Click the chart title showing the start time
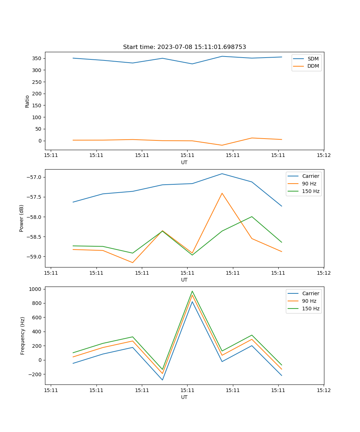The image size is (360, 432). (184, 47)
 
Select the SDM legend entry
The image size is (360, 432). (313, 59)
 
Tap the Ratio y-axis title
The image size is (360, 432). (27, 102)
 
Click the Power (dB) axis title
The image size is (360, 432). (22, 218)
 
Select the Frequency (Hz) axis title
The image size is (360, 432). (23, 336)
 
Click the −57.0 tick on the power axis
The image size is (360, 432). (34, 177)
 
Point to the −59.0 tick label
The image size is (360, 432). (34, 257)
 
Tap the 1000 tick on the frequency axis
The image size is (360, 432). (36, 289)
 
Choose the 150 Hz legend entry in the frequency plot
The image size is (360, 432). (311, 309)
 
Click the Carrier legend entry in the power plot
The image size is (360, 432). (310, 176)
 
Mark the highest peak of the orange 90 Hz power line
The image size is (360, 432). (222, 193)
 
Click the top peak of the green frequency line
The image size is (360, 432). (192, 291)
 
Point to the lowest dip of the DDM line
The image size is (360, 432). (222, 145)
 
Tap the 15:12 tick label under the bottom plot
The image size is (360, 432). (323, 390)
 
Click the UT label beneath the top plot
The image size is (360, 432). (184, 162)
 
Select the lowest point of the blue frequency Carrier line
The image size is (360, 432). (162, 380)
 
